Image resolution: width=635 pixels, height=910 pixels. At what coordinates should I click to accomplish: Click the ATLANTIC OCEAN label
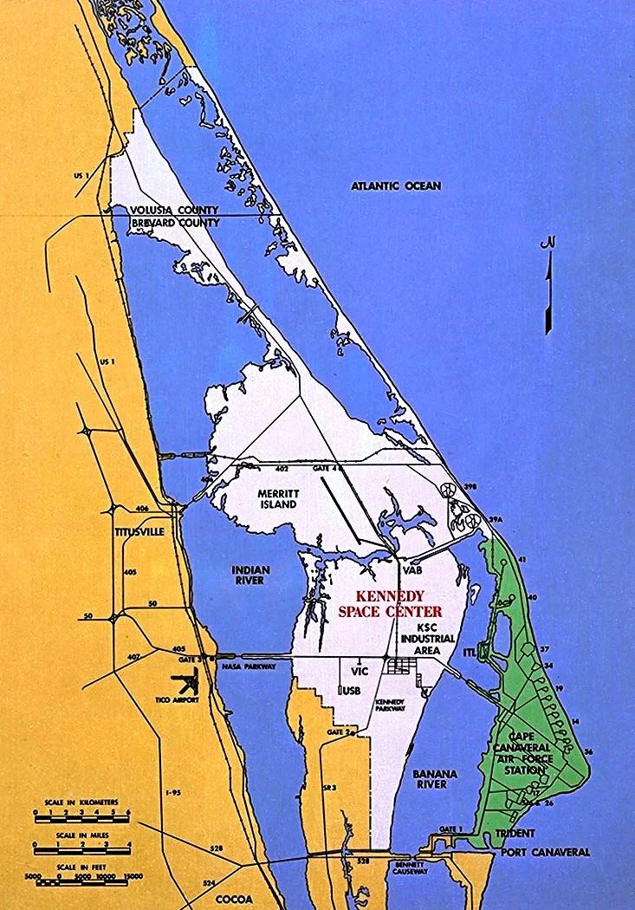(x=396, y=185)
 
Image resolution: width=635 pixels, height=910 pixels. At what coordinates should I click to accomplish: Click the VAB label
(x=411, y=570)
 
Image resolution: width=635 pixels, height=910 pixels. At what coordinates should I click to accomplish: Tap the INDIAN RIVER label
(x=250, y=575)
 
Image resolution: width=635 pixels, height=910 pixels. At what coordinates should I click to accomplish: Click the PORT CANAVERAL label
(x=546, y=852)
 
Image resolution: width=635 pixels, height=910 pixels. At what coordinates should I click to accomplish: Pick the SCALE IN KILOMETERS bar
(x=81, y=814)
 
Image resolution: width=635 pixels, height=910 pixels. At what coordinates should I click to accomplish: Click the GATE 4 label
(x=326, y=469)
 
